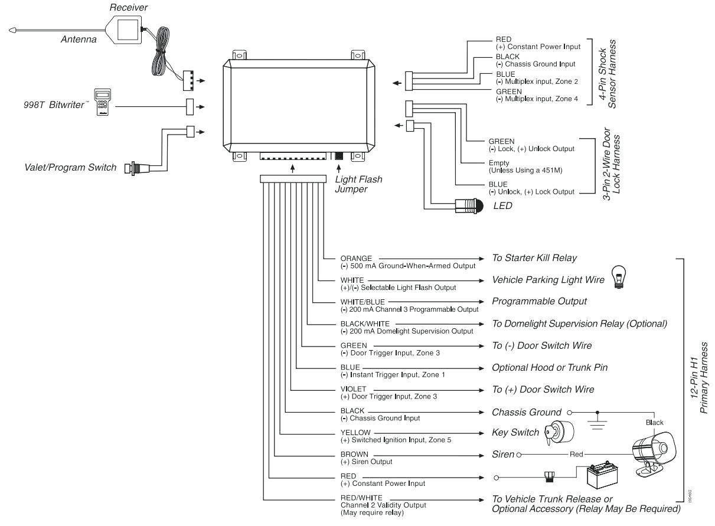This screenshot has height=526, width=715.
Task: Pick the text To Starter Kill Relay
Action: click(x=534, y=258)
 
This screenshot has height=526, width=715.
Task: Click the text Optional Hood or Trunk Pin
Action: click(x=550, y=367)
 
